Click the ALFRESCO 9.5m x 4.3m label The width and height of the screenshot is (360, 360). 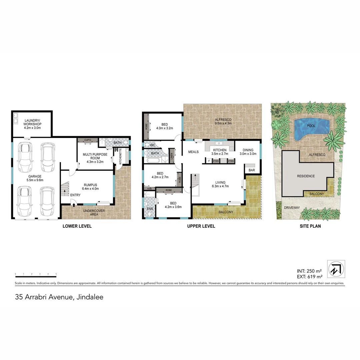coord(223,122)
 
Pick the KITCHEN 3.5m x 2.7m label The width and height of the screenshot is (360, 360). coord(220,152)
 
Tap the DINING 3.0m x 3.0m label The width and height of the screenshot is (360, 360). coord(248,152)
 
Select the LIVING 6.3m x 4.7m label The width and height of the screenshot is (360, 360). coord(220,184)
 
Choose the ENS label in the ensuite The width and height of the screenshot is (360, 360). coord(150,209)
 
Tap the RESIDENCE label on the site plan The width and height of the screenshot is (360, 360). coord(306,176)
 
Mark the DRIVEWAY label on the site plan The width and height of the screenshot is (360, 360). coord(292,208)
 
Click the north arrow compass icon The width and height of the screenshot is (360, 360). coord(336,269)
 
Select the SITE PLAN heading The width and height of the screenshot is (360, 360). coord(310,226)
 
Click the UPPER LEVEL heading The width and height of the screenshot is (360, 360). coord(201,226)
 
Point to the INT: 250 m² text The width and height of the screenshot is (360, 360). coord(309,271)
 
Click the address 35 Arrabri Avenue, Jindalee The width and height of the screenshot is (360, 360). coord(59,297)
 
